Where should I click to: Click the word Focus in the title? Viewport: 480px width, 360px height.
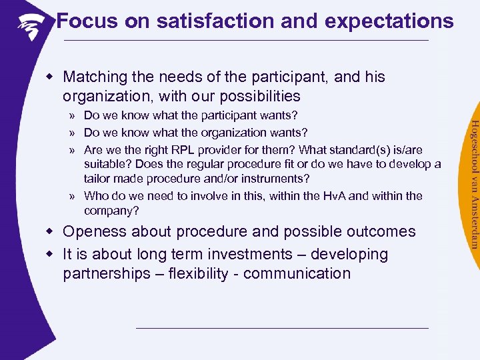point(82,21)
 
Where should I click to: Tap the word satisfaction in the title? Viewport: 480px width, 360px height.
point(213,21)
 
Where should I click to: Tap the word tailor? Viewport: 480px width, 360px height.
point(99,179)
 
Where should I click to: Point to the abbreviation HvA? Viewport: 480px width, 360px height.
point(311,195)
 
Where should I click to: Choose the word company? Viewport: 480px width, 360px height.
point(109,211)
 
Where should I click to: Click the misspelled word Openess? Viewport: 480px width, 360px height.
point(95,232)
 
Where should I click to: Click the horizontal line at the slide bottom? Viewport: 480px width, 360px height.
point(281,328)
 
